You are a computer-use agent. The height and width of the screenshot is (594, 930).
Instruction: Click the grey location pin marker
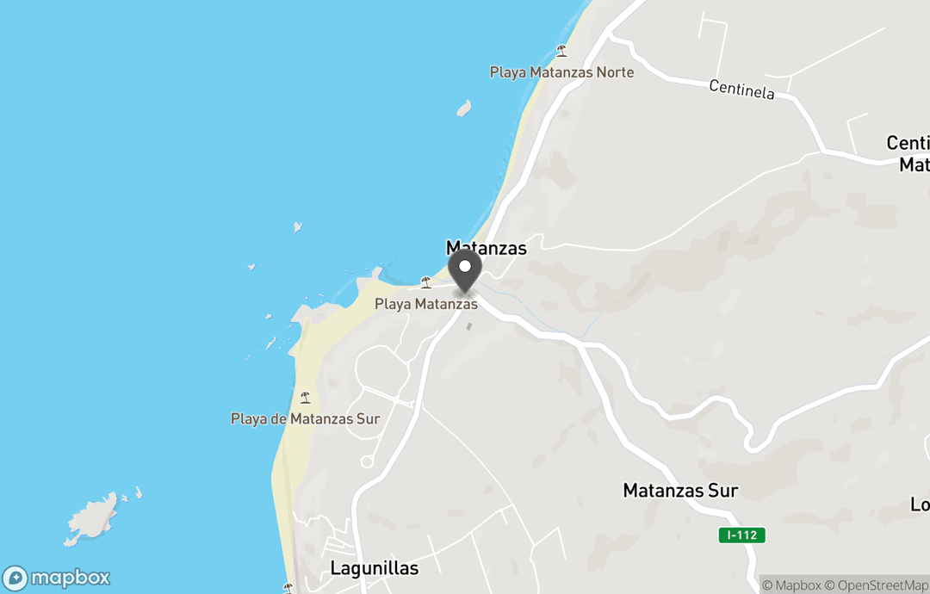(465, 271)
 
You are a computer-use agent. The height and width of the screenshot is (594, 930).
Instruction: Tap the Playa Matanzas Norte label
(561, 72)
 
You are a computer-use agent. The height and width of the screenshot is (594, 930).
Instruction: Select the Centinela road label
(741, 89)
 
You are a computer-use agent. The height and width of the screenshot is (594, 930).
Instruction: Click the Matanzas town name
(486, 248)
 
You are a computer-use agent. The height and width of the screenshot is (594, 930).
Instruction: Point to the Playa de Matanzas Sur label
(305, 419)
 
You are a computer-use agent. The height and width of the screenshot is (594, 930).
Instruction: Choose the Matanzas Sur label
(680, 491)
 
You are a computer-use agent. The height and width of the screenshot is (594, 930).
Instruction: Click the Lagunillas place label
(374, 569)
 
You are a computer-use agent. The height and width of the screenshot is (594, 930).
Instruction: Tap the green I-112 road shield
(741, 535)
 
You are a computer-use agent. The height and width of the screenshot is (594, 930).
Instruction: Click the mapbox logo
(57, 578)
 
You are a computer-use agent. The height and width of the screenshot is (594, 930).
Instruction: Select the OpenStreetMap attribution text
(877, 586)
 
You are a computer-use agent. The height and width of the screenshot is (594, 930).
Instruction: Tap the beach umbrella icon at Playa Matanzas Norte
(561, 51)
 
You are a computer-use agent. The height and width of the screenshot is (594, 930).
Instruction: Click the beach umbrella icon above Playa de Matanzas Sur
(305, 398)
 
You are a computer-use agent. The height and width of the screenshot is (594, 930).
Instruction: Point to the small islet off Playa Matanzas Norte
(463, 108)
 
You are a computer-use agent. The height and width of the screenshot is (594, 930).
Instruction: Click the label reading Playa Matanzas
(425, 304)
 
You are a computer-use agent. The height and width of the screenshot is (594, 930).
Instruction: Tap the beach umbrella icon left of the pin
(425, 282)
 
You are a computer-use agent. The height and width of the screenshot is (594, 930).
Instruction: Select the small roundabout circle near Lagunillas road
(367, 462)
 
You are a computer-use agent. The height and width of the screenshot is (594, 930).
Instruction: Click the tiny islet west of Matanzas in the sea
(297, 227)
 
